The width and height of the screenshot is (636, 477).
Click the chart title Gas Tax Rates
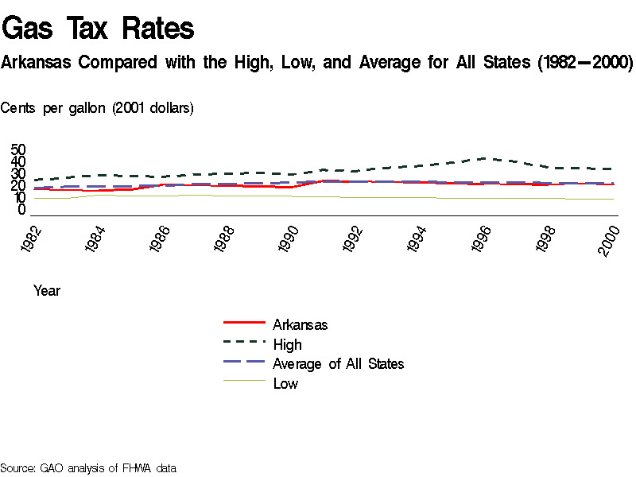point(99,29)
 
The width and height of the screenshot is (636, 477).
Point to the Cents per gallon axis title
point(97,108)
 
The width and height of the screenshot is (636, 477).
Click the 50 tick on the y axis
point(18,149)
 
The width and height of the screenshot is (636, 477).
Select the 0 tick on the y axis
point(22,210)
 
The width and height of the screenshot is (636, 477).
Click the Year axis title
point(47,291)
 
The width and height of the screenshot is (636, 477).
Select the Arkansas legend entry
point(300,324)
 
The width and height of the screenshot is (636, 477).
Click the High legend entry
point(287,344)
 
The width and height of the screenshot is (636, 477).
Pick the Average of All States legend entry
point(338,364)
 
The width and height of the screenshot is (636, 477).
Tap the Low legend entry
point(285,384)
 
